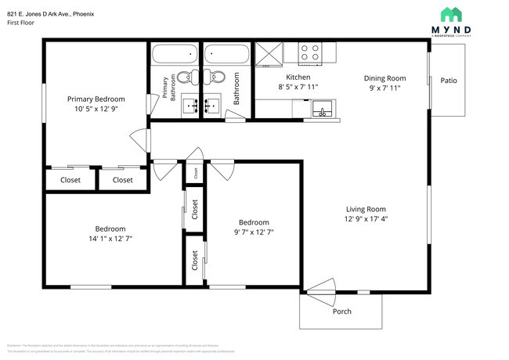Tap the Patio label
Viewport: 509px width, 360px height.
[x=448, y=81]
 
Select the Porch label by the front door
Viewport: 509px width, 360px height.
[x=341, y=311]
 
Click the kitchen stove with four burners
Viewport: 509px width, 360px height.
[x=310, y=52]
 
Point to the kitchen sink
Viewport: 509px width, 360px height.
[x=321, y=112]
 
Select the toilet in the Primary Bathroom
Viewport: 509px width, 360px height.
[x=186, y=77]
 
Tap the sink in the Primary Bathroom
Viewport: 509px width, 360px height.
[x=189, y=104]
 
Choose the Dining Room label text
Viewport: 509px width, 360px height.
[x=384, y=78]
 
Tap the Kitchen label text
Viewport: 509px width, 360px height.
[x=298, y=77]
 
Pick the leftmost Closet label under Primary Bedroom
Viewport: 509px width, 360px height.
[x=70, y=180]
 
